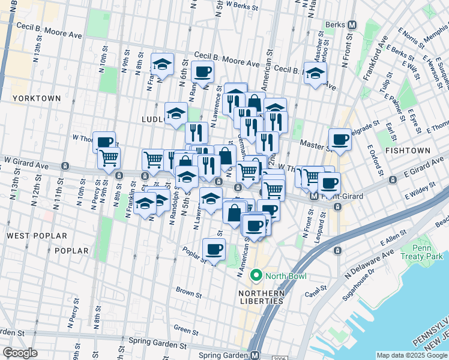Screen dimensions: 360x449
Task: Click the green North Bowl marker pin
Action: [256, 276]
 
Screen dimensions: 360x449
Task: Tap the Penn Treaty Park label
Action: [428, 252]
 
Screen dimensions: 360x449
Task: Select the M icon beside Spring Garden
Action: [255, 355]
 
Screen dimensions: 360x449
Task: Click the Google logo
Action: [20, 353]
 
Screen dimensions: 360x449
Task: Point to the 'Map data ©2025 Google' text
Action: [411, 355]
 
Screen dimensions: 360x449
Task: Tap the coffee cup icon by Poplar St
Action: [214, 248]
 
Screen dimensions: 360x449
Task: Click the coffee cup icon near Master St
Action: [340, 139]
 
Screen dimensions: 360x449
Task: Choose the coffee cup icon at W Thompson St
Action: [104, 142]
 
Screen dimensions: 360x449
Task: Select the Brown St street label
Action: [188, 292]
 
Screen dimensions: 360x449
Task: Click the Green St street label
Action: [185, 329]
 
